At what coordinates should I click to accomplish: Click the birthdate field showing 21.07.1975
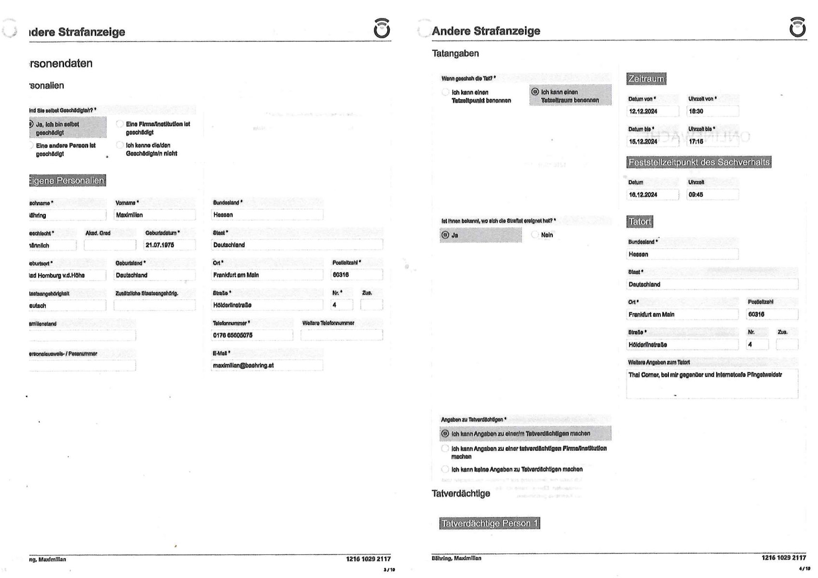170,245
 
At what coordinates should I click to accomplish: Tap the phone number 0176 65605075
252,335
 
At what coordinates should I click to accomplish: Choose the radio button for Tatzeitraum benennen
535,92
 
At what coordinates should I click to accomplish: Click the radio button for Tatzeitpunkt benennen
446,92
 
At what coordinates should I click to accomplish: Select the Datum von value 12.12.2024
653,111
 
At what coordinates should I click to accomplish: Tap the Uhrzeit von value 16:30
712,111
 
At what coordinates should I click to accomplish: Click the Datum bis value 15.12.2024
653,142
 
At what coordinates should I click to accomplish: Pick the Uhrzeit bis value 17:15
712,142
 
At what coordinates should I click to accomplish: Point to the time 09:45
712,195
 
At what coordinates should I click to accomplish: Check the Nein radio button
535,235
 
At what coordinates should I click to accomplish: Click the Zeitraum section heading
646,79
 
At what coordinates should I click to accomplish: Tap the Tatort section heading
640,222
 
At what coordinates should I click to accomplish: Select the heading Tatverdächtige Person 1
490,524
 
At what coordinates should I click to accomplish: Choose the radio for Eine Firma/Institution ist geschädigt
120,124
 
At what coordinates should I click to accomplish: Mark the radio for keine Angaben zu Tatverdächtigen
445,469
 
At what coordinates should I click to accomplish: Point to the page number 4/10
804,569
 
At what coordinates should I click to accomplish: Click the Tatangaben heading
455,54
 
